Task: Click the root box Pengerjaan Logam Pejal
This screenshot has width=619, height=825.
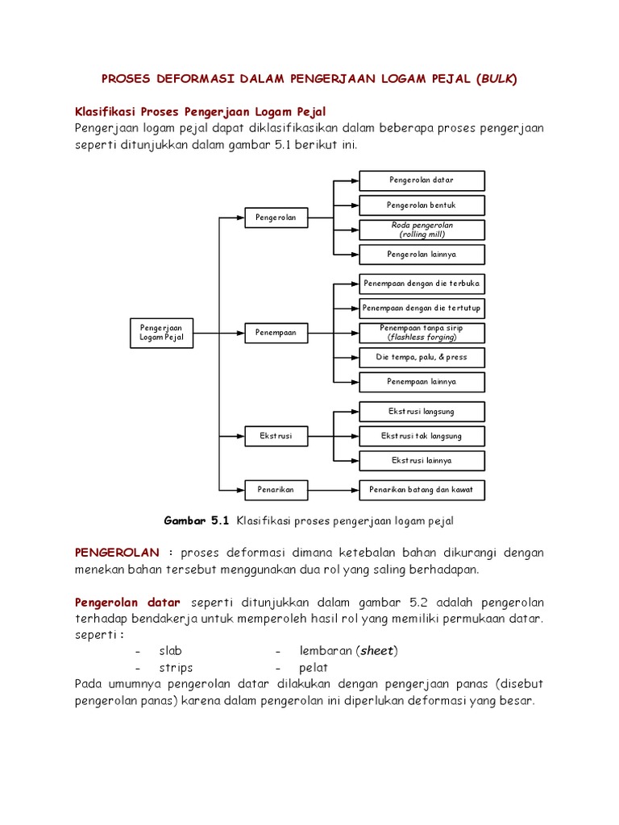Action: coord(162,333)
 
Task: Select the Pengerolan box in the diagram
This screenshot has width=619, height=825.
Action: coord(276,218)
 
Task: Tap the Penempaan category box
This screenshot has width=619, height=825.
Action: coord(276,332)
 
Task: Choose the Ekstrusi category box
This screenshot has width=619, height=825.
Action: coord(276,436)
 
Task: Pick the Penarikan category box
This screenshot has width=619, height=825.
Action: coord(276,489)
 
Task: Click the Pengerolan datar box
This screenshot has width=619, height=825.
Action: coord(422,180)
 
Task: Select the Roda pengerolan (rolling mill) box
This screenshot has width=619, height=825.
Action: coord(422,230)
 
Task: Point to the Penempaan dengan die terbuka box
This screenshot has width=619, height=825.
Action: coord(422,284)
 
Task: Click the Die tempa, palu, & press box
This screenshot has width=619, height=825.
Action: coord(422,357)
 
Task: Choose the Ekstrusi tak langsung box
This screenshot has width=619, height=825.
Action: coord(422,436)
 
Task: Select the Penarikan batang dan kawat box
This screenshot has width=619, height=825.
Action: coord(422,489)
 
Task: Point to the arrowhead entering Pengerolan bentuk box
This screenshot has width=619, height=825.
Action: coord(354,205)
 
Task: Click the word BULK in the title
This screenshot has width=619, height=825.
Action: coord(496,79)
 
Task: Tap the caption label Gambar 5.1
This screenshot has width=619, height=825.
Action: coord(197,521)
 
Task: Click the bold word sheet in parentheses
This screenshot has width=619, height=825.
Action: coord(377,651)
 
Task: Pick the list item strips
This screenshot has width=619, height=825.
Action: coord(176,668)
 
